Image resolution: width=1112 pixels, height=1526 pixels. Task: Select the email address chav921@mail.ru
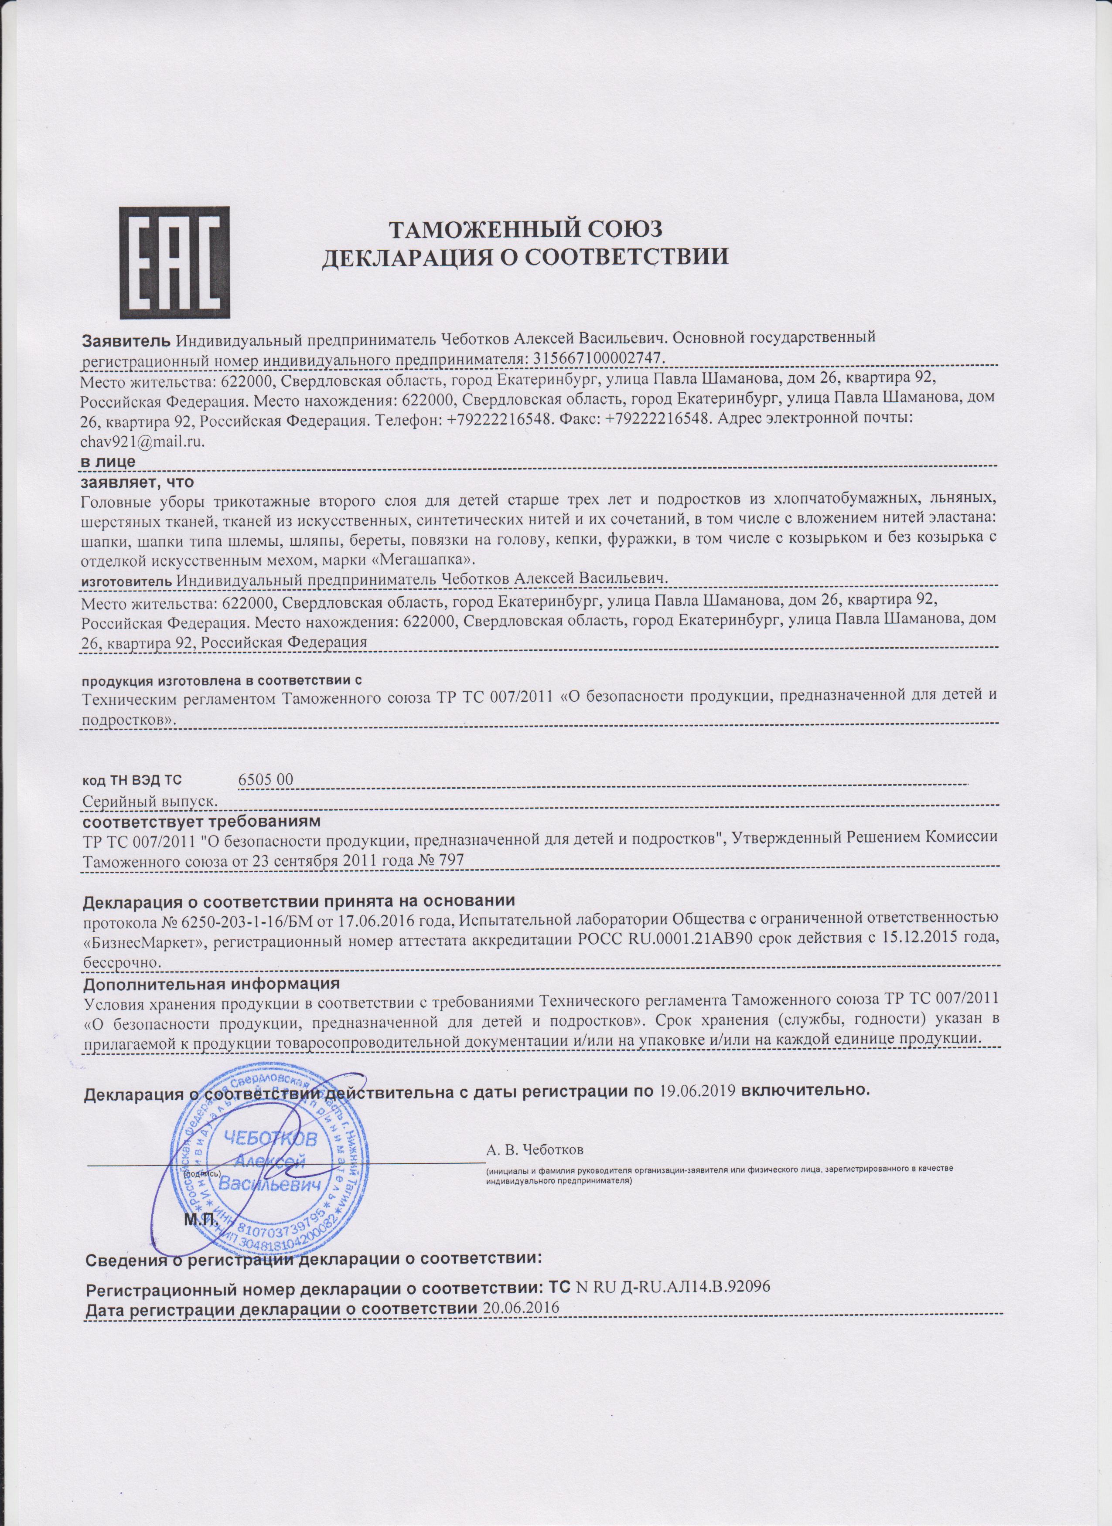pos(142,442)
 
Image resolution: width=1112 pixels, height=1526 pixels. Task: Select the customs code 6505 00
pos(266,779)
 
